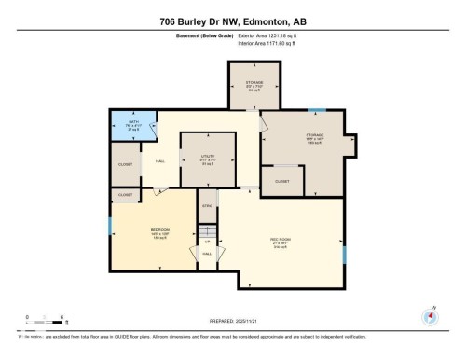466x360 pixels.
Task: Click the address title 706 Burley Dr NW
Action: click(x=232, y=21)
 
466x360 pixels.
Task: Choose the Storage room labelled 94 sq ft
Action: click(x=254, y=86)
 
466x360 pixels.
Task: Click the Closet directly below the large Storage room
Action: click(x=281, y=181)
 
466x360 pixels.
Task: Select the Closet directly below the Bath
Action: click(x=126, y=164)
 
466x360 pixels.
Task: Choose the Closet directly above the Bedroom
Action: click(x=126, y=195)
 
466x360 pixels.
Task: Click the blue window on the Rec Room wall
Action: click(x=345, y=254)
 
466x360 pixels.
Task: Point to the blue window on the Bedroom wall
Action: click(x=111, y=227)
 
